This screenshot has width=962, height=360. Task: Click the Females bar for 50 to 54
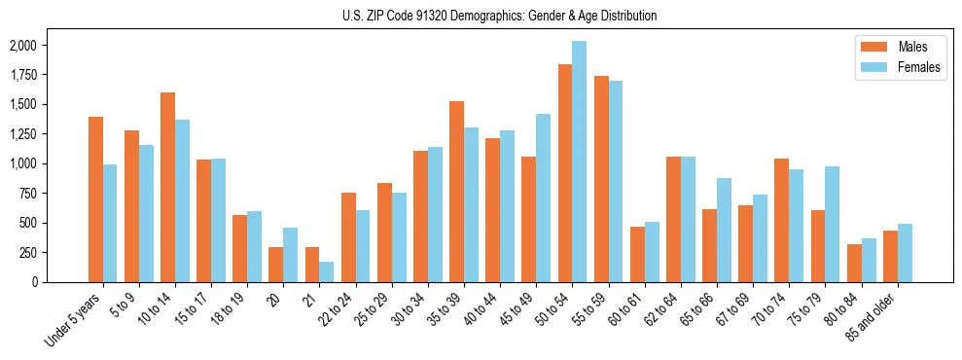point(579,162)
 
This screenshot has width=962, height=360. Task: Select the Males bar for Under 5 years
point(95,199)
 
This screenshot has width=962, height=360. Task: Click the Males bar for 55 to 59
point(601,179)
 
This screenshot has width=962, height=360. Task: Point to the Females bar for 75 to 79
point(832,224)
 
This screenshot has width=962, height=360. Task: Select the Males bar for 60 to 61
point(637,254)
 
